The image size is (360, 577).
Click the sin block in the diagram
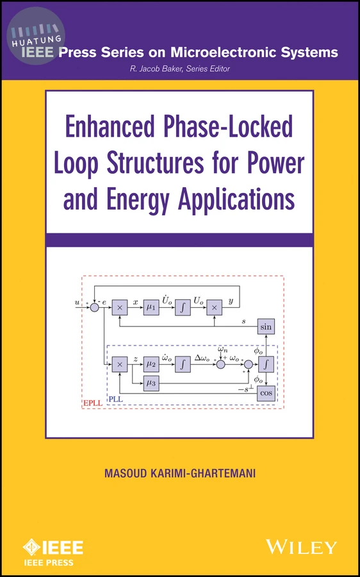click(266, 326)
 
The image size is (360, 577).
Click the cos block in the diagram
click(266, 393)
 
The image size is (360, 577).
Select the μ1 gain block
click(151, 308)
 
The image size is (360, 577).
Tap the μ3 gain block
click(151, 383)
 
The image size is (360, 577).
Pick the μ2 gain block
click(151, 364)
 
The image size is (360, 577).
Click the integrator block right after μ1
click(183, 308)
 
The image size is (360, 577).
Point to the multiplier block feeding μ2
click(120, 364)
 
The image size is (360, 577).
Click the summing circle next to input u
click(95, 307)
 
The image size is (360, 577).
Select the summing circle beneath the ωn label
click(220, 364)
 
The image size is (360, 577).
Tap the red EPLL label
click(92, 403)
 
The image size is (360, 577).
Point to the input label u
click(77, 303)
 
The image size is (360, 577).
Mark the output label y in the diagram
click(231, 301)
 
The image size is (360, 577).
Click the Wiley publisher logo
click(302, 547)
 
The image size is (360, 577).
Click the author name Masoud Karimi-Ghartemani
click(180, 473)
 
